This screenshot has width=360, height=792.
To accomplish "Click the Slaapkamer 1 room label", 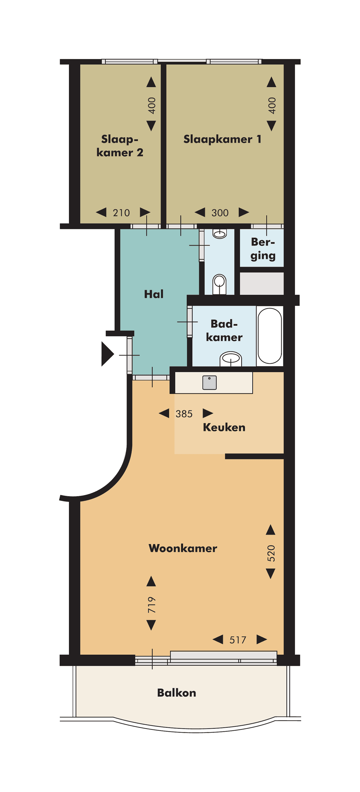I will tap(222, 139).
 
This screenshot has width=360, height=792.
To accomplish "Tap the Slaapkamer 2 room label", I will tap(120, 146).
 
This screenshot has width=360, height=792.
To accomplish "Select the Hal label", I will tap(154, 294).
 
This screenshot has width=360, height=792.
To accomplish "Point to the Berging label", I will tap(263, 249).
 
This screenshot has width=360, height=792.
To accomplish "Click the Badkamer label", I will tap(224, 330).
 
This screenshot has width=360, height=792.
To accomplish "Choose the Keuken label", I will tap(224, 427).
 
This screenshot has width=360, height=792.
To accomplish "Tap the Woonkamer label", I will tap(183, 548).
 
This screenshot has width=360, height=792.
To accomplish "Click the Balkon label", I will tap(177, 693).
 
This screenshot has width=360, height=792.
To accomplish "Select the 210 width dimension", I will tap(121, 213).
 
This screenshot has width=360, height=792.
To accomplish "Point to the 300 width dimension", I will tap(220, 213).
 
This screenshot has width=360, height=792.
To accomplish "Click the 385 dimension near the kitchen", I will tap(184, 413).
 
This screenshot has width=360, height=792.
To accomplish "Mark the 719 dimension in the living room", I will tap(152, 605).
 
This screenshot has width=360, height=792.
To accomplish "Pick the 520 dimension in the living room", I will tap(271, 553).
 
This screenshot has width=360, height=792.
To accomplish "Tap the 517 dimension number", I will tap(238, 640).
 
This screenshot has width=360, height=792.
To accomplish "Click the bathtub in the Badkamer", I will tap(270, 336).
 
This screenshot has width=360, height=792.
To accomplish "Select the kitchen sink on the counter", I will tap(210, 383).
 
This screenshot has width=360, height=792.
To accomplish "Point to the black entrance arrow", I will tap(107, 354).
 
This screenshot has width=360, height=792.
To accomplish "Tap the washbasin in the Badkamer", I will tap(231, 359).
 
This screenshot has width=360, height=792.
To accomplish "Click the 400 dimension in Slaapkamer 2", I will tap(152, 105).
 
